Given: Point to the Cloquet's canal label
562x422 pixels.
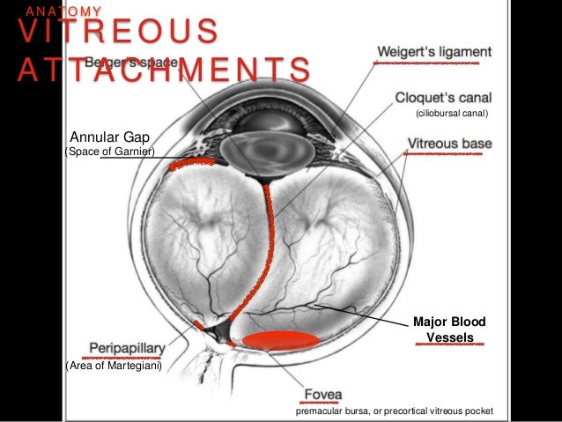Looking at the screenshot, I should point(442,98).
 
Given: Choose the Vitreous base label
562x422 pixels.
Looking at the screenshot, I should point(449,143).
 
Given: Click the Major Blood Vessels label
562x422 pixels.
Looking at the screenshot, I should point(449,329).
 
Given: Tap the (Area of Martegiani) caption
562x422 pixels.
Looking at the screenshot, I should point(114,365).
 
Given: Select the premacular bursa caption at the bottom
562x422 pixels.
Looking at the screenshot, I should point(395,411).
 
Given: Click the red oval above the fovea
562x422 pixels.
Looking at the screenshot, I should point(281,341).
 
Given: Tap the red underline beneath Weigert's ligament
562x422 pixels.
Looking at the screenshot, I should point(432,64).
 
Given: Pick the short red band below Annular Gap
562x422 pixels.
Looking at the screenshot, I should point(191,162).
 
